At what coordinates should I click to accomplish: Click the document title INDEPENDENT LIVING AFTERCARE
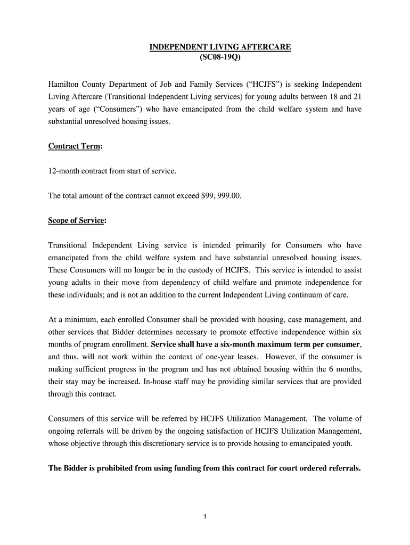click(x=220, y=47)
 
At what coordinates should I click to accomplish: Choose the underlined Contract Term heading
click(x=74, y=146)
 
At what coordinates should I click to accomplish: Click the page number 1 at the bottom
click(x=205, y=516)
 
